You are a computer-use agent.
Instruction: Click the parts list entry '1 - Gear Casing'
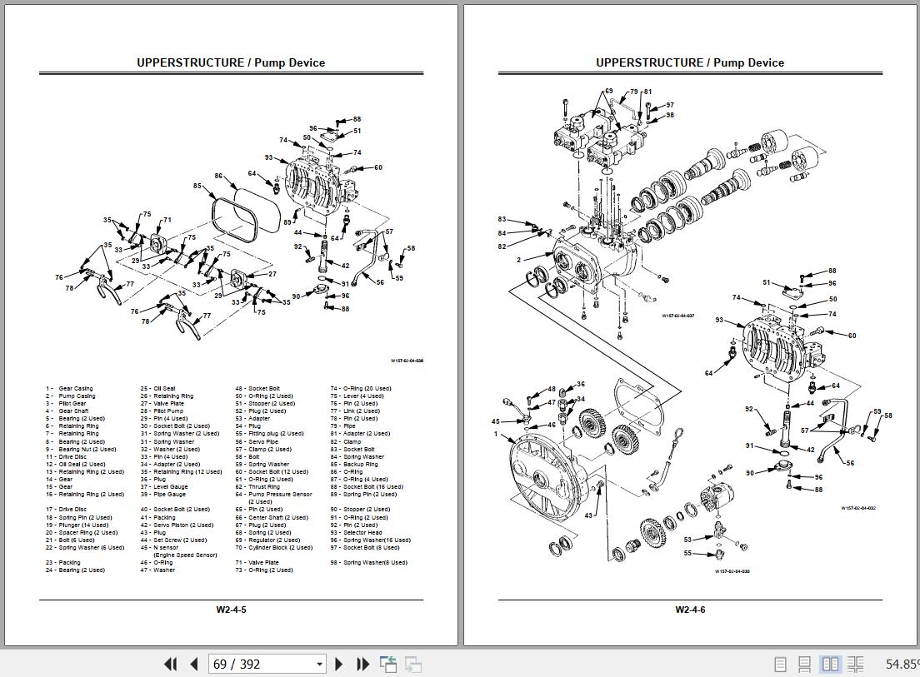pyautogui.click(x=70, y=389)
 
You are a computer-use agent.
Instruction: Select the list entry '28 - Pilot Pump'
pyautogui.click(x=162, y=411)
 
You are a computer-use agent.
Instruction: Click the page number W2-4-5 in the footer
pyautogui.click(x=231, y=610)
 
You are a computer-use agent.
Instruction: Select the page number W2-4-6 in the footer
pyautogui.click(x=690, y=610)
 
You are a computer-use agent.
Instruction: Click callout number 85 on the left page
pyautogui.click(x=197, y=186)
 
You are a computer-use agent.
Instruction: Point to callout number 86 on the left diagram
pyautogui.click(x=218, y=176)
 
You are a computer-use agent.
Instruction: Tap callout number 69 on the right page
pyautogui.click(x=608, y=92)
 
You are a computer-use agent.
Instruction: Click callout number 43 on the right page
pyautogui.click(x=587, y=515)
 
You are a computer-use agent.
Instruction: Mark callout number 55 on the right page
pyautogui.click(x=687, y=553)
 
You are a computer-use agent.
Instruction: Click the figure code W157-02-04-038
pyautogui.click(x=407, y=361)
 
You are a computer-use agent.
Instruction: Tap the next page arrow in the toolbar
pyautogui.click(x=339, y=664)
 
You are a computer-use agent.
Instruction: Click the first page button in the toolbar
pyautogui.click(x=170, y=664)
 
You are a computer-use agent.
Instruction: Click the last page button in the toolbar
pyautogui.click(x=362, y=664)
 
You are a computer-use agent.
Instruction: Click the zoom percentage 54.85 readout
pyautogui.click(x=901, y=664)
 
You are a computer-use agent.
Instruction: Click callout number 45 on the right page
pyautogui.click(x=496, y=422)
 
